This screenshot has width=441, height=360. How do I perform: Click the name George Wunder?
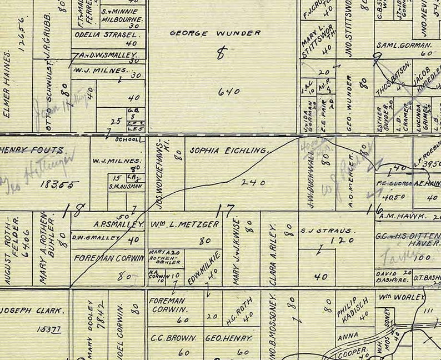pyautogui.click(x=215, y=33)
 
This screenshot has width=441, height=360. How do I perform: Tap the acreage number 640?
pyautogui.click(x=228, y=92)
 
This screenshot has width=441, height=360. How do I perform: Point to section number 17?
pyautogui.click(x=226, y=210)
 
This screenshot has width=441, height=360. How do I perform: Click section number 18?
pyautogui.click(x=74, y=211)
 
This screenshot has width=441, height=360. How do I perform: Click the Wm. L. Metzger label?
pyautogui.click(x=184, y=224)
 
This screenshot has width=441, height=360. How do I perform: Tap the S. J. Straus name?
pyautogui.click(x=327, y=230)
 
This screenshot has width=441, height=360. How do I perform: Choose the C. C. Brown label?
pyautogui.click(x=173, y=338)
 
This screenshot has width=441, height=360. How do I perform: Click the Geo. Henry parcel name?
pyautogui.click(x=229, y=338)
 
